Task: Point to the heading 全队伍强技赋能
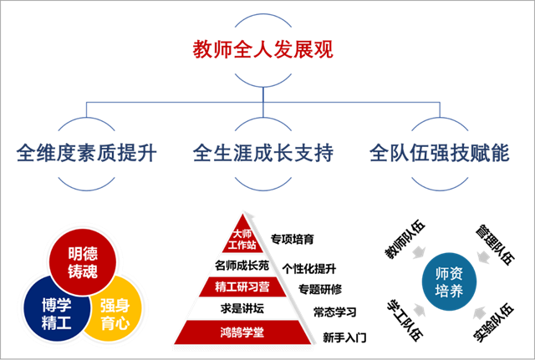[439, 154]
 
